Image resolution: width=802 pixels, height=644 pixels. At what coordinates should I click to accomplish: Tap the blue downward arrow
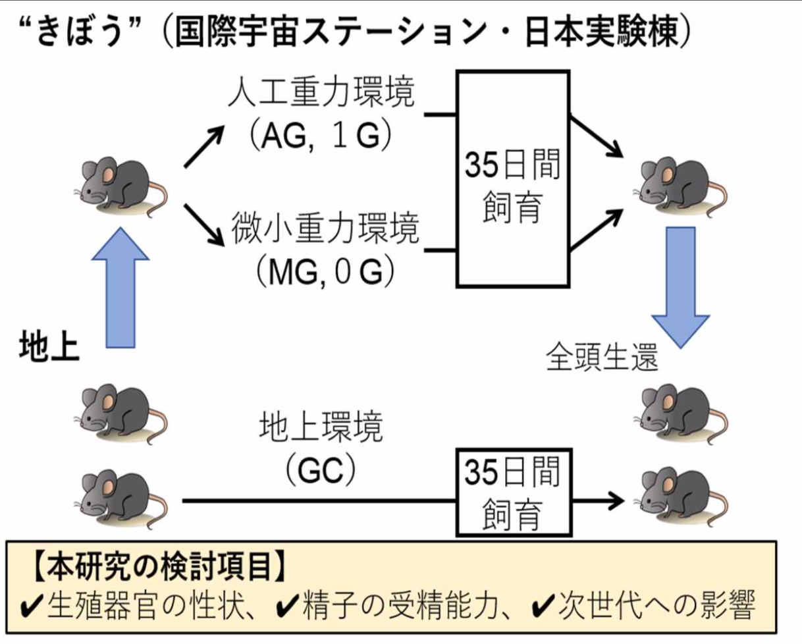(681, 286)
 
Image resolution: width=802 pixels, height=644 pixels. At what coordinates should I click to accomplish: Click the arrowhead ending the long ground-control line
(616, 500)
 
